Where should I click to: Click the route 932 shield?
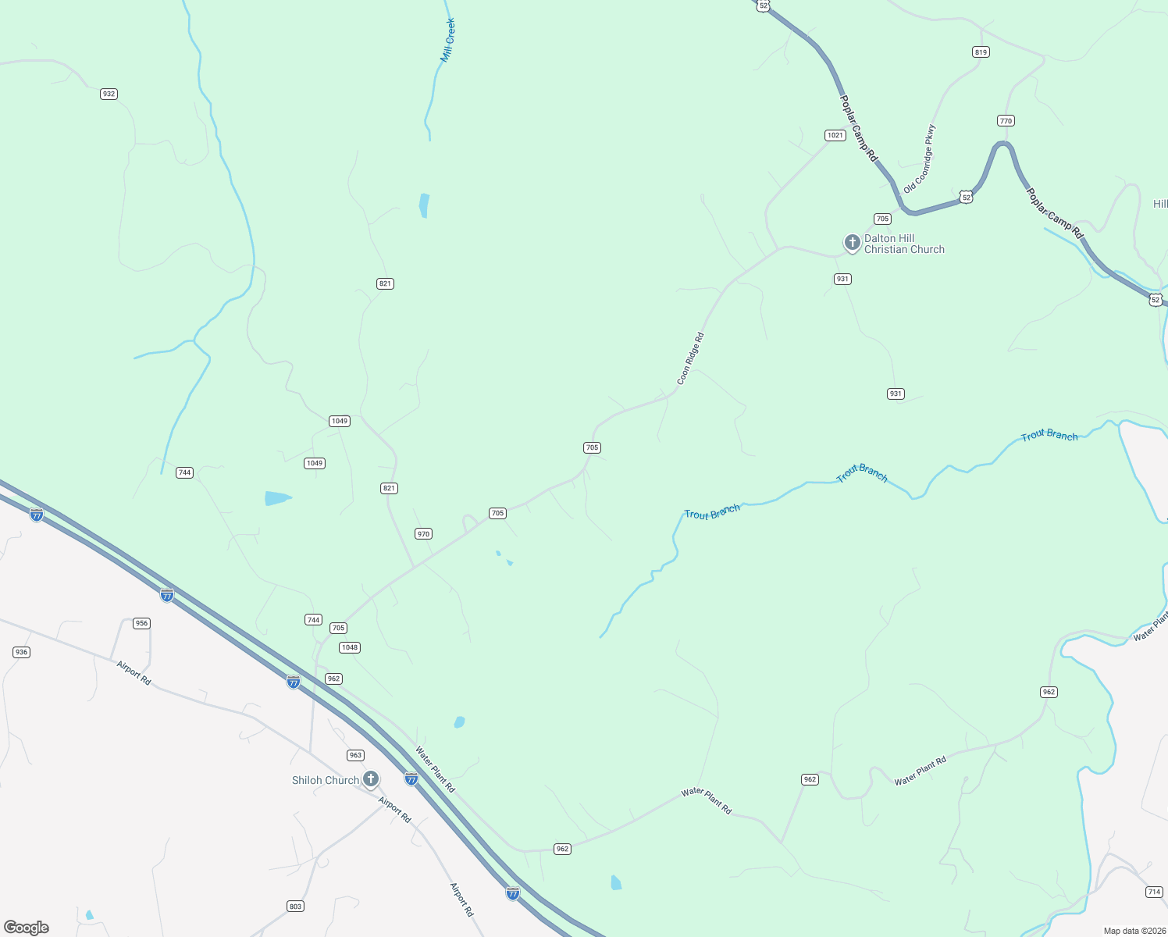coord(109,94)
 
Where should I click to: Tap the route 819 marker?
coord(981,52)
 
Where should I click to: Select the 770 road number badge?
coord(1006,120)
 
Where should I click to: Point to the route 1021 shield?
coord(835,135)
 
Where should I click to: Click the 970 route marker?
coord(423,534)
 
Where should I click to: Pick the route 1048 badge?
coord(349,647)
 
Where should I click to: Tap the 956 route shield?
coord(141,623)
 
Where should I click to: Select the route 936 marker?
coord(21,652)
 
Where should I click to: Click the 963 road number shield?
coord(355,755)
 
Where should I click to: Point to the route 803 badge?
coord(295,906)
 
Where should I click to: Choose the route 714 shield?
coord(1154,892)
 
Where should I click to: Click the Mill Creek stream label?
coord(447,41)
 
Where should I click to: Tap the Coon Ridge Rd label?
coord(690,358)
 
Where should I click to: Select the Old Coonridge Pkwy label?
coord(919,159)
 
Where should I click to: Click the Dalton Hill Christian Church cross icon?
coord(852,243)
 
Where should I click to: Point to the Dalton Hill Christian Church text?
coord(904,244)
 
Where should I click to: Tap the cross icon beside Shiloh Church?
coord(371,778)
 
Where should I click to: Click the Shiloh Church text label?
coord(326,780)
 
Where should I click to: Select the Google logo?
coord(27,928)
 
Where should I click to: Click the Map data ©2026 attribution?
coord(1134,931)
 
